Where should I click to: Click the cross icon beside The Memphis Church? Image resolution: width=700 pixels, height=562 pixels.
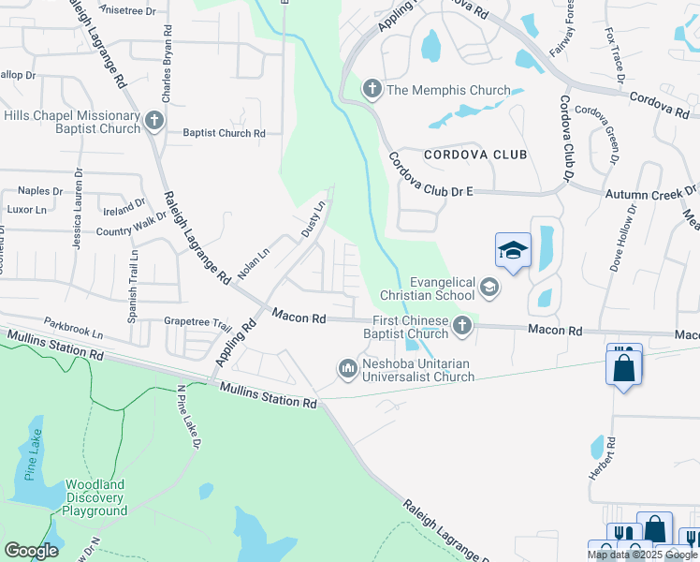point(372,90)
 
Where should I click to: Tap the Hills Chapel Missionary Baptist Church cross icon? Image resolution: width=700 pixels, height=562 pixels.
point(154,120)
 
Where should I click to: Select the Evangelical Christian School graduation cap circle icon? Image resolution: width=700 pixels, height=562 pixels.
point(489,287)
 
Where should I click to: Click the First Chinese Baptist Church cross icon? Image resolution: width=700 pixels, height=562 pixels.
point(461,326)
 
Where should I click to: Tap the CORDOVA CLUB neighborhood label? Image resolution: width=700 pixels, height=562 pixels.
point(475,155)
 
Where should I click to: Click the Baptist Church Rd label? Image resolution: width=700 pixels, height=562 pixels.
point(224,134)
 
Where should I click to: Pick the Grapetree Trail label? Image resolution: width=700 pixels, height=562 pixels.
point(197,325)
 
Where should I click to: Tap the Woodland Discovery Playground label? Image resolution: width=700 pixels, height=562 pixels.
point(95,498)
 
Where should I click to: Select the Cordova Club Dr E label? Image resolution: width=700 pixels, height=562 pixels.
point(430,175)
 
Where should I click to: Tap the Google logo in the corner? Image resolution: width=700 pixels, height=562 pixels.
point(31,551)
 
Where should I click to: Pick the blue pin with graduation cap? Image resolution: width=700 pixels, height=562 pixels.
point(513,251)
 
